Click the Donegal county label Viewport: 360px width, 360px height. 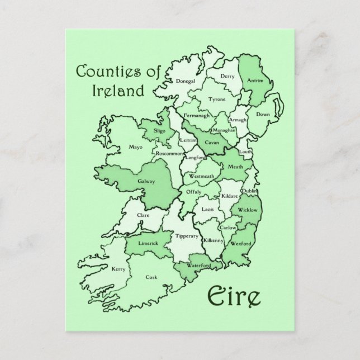185,81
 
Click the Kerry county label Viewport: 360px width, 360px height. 118,269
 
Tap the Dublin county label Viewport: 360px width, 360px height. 249,192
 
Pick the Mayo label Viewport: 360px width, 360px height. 136,148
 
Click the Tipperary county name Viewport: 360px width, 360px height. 187,236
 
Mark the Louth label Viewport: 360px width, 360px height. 246,152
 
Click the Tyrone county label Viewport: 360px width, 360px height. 217,100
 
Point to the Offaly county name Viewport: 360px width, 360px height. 193,192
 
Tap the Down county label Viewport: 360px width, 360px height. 263,115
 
